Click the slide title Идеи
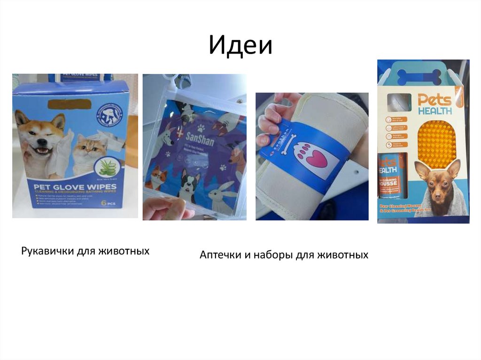pyautogui.click(x=240, y=46)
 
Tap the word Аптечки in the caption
pyautogui.click(x=220, y=255)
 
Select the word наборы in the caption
pyautogui.click(x=273, y=255)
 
